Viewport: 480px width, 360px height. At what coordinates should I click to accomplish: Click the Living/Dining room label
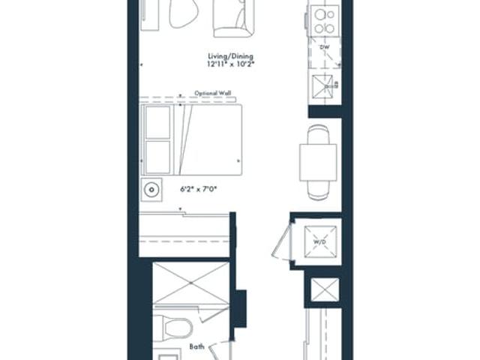[x=231, y=56]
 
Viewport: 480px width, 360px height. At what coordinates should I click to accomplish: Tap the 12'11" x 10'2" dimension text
[x=231, y=64]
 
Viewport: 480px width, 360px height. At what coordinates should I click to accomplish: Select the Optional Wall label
[x=213, y=93]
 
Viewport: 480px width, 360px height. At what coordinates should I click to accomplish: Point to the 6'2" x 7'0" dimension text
[x=198, y=189]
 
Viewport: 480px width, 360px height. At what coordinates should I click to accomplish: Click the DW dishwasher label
[x=325, y=47]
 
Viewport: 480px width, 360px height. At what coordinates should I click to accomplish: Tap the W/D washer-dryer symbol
[x=320, y=241]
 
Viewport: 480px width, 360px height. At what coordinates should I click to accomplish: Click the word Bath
[x=196, y=346]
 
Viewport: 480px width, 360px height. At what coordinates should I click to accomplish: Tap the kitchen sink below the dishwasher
[x=322, y=86]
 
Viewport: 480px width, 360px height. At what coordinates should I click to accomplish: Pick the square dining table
[x=318, y=162]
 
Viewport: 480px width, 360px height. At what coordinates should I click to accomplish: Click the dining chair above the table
[x=318, y=134]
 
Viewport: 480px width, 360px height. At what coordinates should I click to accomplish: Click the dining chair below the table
[x=318, y=190]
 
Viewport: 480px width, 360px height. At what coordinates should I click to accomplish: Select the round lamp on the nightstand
[x=151, y=190]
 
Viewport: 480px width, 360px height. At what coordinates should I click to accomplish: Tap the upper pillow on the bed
[x=157, y=122]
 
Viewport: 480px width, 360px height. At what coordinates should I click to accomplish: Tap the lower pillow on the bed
[x=157, y=157]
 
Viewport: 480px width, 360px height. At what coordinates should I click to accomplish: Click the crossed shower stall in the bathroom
[x=191, y=283]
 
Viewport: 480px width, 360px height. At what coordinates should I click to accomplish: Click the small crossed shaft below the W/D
[x=325, y=289]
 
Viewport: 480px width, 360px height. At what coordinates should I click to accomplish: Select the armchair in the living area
[x=233, y=18]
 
